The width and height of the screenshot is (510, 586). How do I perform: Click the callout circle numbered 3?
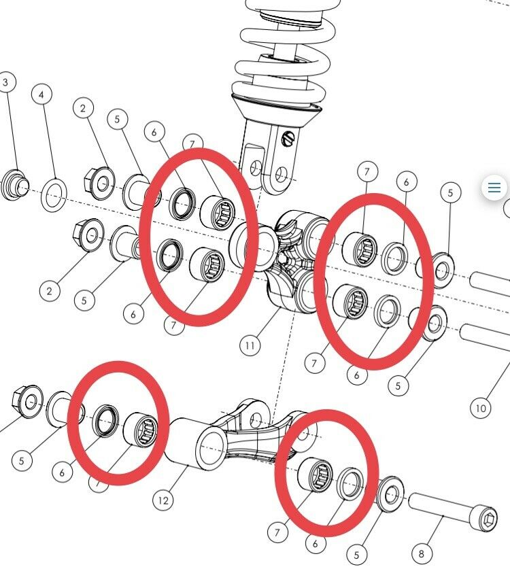tap(6, 83)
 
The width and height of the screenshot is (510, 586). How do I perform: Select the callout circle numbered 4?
tap(42, 94)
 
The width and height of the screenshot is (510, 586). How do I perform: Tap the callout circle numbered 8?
tap(421, 554)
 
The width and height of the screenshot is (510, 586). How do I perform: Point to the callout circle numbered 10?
tap(481, 408)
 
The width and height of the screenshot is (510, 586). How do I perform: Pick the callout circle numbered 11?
tap(250, 346)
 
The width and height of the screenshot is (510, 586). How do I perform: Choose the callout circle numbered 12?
tap(163, 500)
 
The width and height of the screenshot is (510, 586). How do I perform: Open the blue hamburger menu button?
tap(494, 187)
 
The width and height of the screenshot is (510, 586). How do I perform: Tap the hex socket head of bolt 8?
tap(488, 521)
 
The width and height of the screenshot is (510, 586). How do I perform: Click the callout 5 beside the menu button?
tap(450, 193)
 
